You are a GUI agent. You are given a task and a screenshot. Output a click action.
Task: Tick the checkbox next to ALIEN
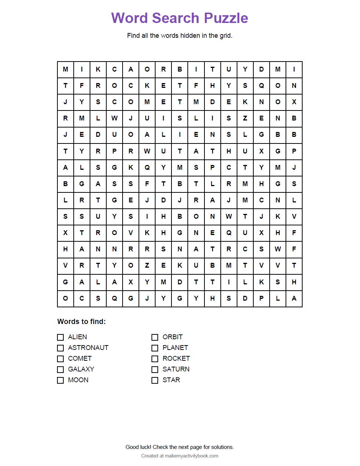60,337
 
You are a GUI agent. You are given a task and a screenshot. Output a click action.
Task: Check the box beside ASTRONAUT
60,348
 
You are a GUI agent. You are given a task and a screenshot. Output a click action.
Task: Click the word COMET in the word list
80,358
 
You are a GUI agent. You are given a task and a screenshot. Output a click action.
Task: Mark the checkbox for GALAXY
60,369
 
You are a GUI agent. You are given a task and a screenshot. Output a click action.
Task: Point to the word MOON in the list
78,380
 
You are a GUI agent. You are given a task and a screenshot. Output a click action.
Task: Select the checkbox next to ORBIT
155,337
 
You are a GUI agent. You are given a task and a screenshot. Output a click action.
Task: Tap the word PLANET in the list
175,348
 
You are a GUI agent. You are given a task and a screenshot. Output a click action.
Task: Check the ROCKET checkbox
155,358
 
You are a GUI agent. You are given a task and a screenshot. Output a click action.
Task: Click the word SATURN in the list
176,369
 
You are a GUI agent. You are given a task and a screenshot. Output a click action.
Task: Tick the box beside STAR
155,380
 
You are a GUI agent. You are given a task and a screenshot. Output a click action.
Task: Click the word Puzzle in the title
226,18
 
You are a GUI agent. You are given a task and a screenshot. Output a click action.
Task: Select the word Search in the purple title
176,18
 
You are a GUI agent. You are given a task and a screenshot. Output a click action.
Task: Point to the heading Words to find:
81,321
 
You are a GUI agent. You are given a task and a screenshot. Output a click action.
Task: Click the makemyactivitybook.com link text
191,456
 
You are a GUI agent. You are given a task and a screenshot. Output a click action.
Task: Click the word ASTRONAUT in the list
88,348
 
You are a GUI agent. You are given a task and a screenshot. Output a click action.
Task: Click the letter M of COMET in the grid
147,102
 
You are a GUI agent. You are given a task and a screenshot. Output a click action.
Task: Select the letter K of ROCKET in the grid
147,86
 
